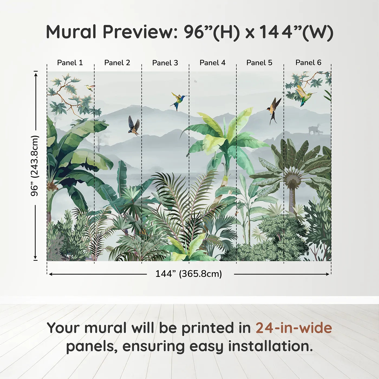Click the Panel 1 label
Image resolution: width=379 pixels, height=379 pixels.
(x=70, y=63)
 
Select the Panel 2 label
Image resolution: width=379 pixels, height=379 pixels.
(x=117, y=63)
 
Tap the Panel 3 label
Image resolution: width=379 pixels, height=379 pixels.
(x=165, y=63)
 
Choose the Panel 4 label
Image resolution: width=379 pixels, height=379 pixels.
(x=213, y=63)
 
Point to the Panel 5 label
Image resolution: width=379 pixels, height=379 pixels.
(x=259, y=63)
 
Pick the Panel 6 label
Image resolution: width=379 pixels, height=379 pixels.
(x=308, y=63)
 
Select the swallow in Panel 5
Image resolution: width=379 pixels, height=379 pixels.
(x=274, y=111)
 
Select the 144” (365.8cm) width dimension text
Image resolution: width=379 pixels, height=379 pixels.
(x=189, y=274)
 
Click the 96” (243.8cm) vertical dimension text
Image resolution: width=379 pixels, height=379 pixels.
(x=35, y=166)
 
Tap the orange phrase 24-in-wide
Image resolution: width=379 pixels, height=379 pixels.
(x=294, y=328)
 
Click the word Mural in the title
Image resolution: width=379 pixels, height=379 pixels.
(x=71, y=32)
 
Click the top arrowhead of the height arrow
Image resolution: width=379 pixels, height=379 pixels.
(x=35, y=74)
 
